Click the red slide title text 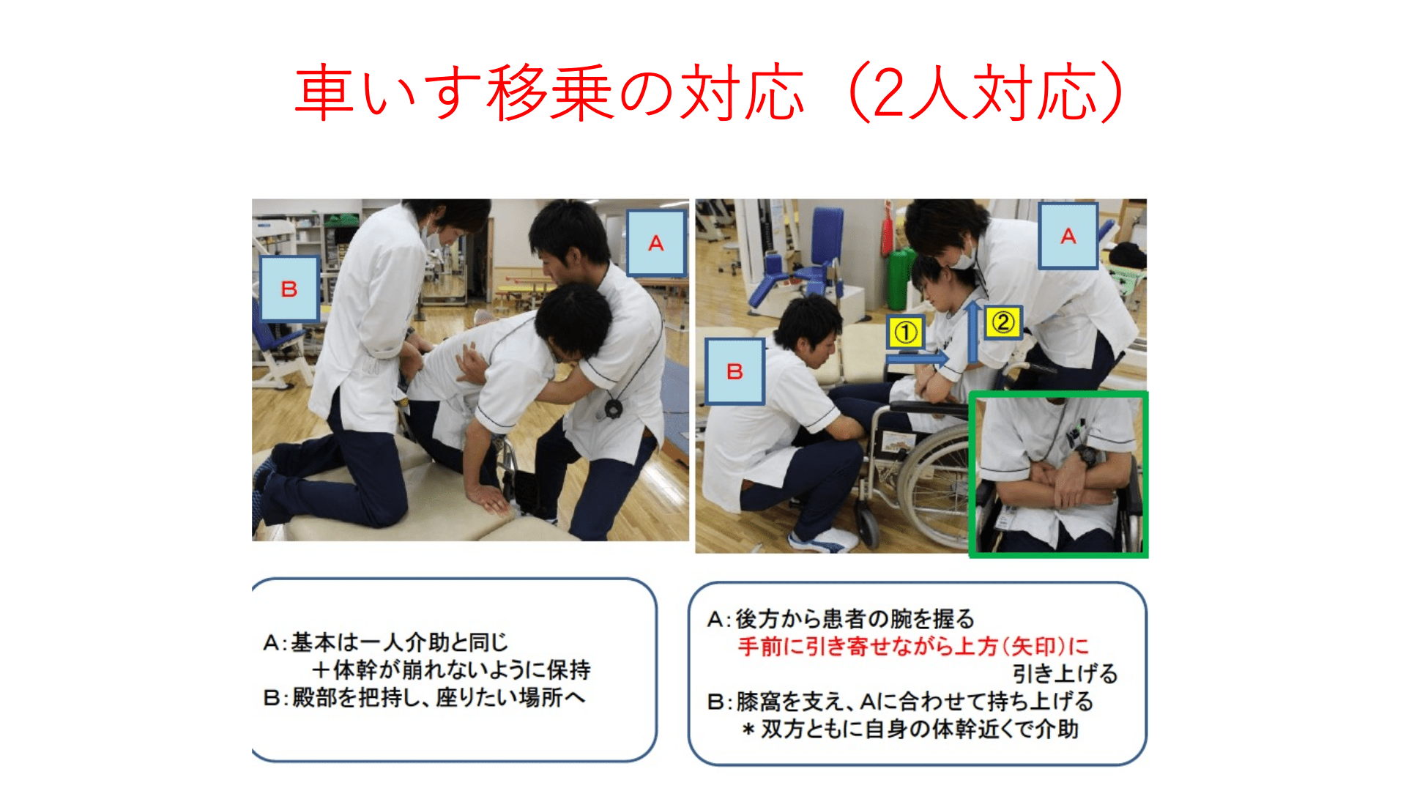[x=709, y=92]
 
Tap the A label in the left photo [x=656, y=243]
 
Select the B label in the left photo [x=289, y=289]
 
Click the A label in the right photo [x=1068, y=236]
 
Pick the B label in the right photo [x=734, y=371]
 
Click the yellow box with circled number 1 [x=906, y=333]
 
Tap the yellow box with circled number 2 [x=1003, y=322]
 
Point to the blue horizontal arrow [x=917, y=358]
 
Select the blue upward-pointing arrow [x=972, y=331]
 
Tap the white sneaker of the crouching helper [x=824, y=541]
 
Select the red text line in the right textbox [x=913, y=646]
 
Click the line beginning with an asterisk [x=910, y=729]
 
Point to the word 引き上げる [x=1065, y=673]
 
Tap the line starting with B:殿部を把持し [x=425, y=697]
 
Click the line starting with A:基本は [x=386, y=642]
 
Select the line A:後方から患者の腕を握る [x=841, y=619]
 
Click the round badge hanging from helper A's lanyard [x=613, y=408]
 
